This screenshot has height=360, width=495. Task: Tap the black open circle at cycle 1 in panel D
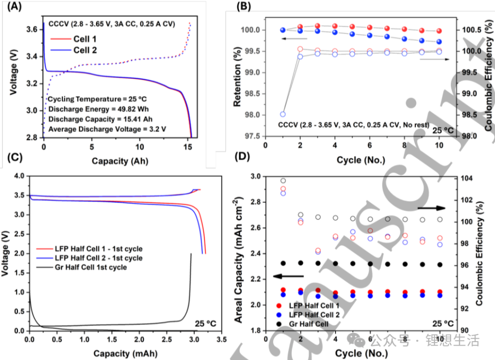pyautogui.click(x=283, y=181)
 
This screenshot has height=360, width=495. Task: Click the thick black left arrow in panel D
pyautogui.click(x=288, y=276)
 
